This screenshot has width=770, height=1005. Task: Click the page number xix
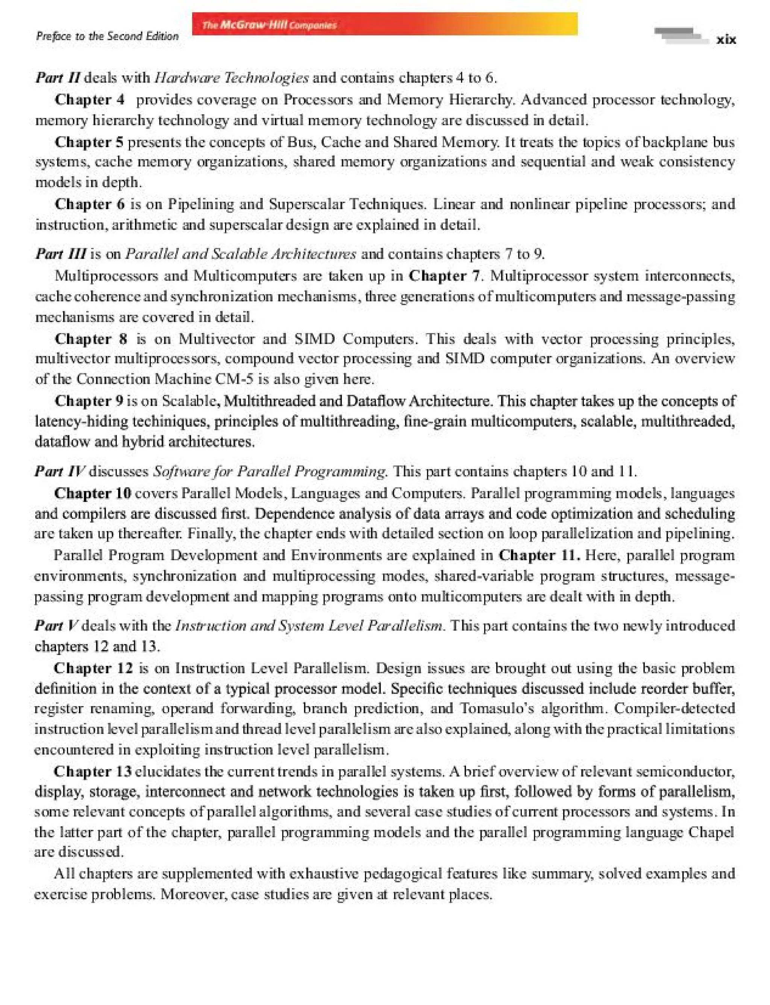click(726, 40)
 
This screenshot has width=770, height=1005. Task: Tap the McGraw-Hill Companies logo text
click(270, 25)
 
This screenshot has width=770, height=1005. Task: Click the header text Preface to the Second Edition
click(107, 36)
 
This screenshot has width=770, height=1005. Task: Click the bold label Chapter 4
click(89, 100)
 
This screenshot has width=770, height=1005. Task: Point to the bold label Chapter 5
click(89, 142)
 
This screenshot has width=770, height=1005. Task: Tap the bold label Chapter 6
click(89, 204)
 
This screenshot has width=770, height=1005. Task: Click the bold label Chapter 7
click(444, 276)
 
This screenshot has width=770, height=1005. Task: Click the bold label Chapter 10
click(92, 493)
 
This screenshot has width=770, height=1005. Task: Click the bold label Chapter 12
click(93, 668)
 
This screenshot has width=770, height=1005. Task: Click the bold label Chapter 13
click(92, 771)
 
